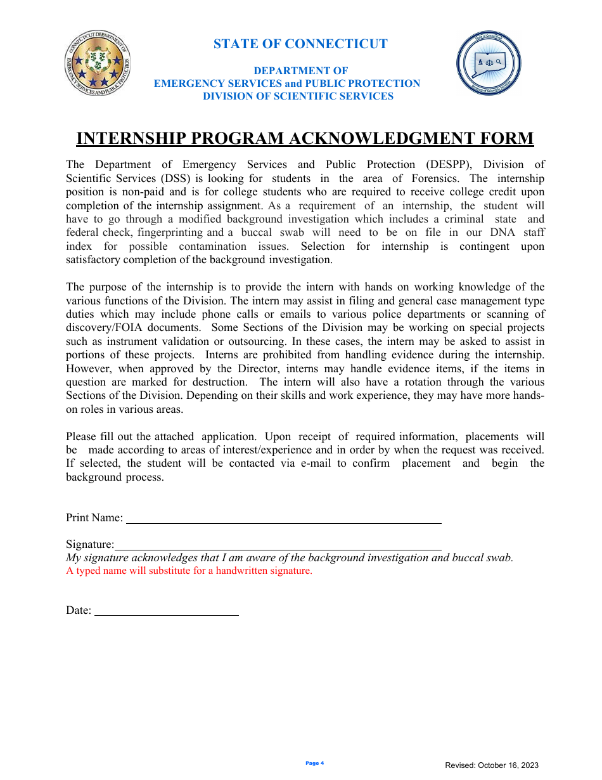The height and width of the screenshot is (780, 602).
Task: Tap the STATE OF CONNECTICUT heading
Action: [x=300, y=44]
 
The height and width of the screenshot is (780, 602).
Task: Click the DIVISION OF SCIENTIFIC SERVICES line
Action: [x=298, y=96]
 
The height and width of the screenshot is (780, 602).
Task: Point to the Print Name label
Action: [x=94, y=517]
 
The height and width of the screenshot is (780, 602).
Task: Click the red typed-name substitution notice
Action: [x=189, y=571]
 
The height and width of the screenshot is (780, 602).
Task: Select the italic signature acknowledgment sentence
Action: [x=290, y=558]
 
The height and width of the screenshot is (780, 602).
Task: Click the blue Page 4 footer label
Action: [x=314, y=764]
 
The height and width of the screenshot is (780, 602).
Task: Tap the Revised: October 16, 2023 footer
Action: [x=492, y=766]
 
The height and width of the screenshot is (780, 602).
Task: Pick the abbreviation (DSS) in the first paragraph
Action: [x=176, y=179]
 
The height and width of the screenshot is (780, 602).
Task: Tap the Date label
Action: [x=79, y=611]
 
